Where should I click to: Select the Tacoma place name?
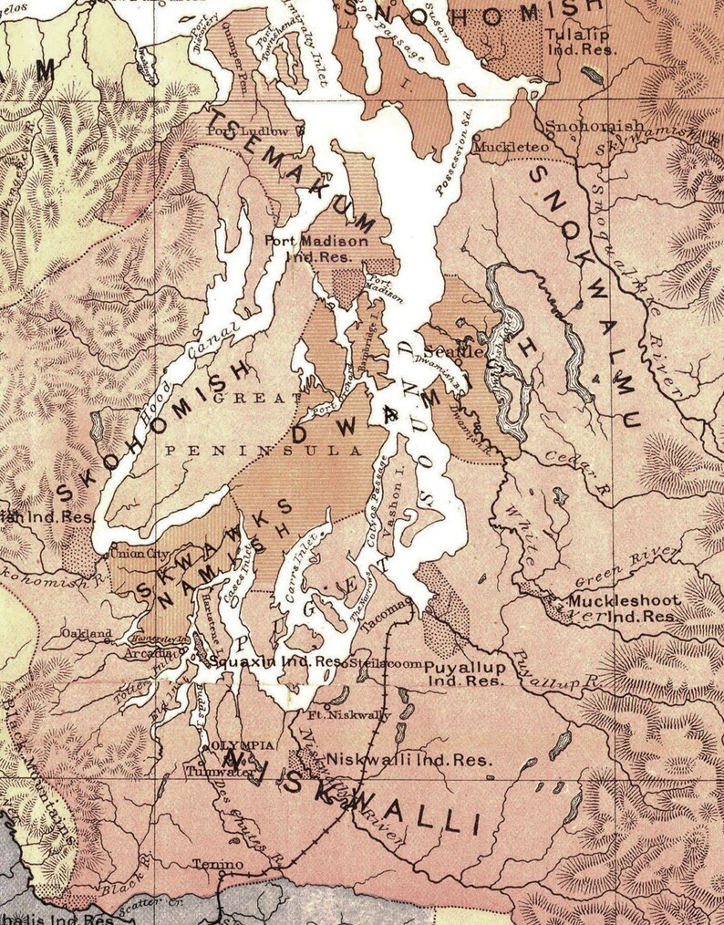[389, 617]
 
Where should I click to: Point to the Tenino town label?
[218, 863]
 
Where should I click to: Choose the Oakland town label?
[87, 633]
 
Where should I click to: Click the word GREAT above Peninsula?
[251, 398]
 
